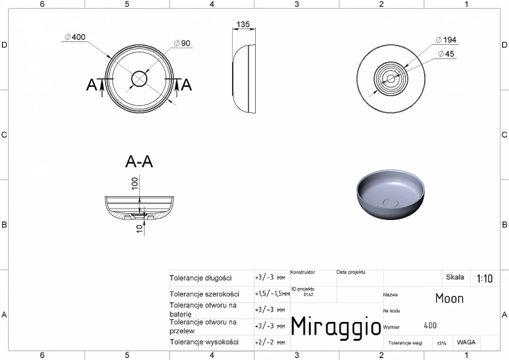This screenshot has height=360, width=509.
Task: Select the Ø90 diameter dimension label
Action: (181, 43)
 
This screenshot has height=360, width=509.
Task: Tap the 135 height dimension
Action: (242, 24)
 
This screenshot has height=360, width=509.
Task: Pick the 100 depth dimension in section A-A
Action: (134, 183)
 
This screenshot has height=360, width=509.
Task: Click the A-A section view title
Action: (139, 162)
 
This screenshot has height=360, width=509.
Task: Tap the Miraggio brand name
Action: (336, 325)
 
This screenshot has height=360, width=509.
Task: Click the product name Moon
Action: (449, 298)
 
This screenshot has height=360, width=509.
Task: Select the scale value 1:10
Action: (485, 278)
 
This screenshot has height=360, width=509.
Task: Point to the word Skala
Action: (455, 277)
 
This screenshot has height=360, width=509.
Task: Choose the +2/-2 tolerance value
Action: (269, 342)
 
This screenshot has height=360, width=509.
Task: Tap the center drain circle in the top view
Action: (139, 77)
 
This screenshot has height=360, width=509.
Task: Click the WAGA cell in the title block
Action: (466, 342)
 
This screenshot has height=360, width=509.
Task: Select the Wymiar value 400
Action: (430, 326)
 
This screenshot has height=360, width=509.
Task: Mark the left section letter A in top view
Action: (92, 84)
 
